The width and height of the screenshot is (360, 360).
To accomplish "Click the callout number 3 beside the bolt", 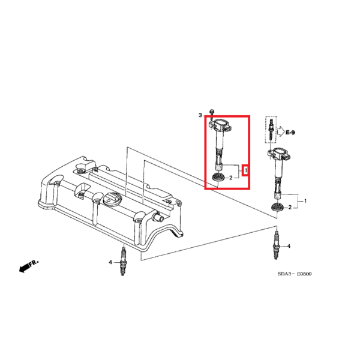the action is click(200, 113).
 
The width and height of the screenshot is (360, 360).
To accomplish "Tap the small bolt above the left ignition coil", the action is click(212, 113).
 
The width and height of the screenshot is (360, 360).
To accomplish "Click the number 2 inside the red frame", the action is click(231, 178).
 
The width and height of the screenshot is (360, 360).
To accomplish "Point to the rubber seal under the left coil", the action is click(218, 178).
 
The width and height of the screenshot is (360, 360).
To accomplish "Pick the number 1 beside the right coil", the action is click(305, 200).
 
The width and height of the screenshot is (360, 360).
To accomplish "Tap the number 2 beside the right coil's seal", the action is click(290, 207).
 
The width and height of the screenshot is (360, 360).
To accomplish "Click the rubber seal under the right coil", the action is click(278, 208).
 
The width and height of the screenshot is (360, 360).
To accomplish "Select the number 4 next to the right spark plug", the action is click(289, 247).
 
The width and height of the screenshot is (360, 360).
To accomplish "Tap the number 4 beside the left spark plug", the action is click(110, 262).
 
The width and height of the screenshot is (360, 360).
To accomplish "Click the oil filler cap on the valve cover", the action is click(111, 201).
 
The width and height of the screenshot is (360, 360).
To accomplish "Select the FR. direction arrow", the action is click(28, 266).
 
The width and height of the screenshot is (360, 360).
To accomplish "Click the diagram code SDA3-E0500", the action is click(294, 274).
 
